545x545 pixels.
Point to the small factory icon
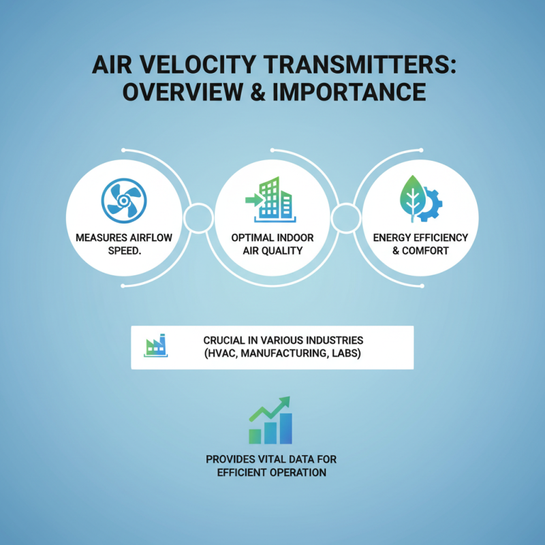(155, 347)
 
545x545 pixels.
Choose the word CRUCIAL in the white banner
(228, 340)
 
